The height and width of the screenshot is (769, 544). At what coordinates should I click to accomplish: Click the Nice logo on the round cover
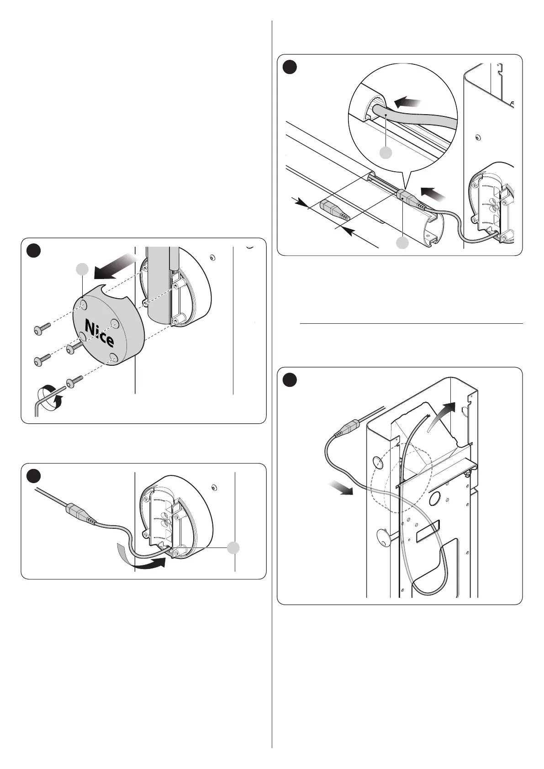(x=100, y=333)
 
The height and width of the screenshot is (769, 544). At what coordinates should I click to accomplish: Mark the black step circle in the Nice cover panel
(x=33, y=251)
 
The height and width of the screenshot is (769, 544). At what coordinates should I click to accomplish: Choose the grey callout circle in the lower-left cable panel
(x=234, y=548)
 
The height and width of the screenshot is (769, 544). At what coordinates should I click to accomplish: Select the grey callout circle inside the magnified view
(x=386, y=153)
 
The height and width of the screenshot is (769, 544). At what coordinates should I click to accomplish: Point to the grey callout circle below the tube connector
(x=402, y=243)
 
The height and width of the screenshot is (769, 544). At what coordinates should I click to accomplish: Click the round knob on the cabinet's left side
(x=384, y=538)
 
